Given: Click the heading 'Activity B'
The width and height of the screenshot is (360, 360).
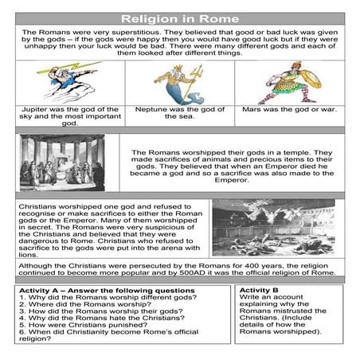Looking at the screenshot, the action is point(259,291).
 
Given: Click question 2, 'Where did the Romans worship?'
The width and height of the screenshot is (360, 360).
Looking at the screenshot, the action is point(84,308).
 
